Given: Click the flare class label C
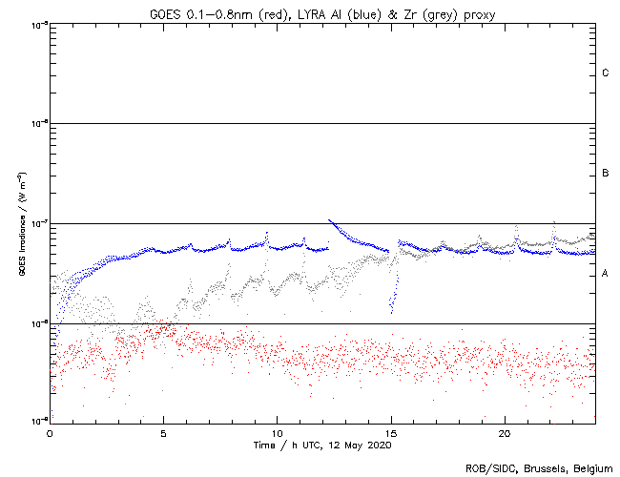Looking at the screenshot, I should (x=606, y=73).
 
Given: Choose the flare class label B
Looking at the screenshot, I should (x=606, y=174).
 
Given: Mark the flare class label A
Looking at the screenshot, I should (x=606, y=274).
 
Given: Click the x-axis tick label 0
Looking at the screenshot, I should (x=50, y=432).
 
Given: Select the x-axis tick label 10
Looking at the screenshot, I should (x=277, y=432).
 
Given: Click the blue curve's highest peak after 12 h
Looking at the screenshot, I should (x=329, y=220).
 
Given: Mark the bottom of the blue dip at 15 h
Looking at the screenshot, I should (x=391, y=312).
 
